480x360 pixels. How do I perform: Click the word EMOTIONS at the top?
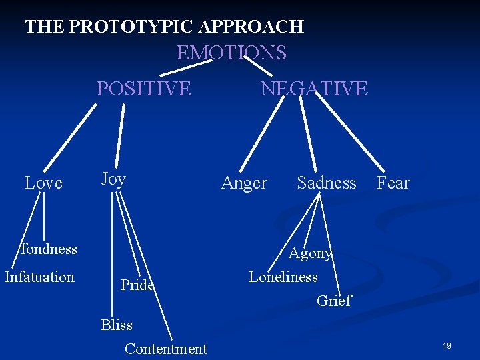click(x=231, y=53)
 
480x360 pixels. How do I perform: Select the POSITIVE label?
click(x=143, y=88)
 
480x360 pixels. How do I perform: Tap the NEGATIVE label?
click(x=313, y=88)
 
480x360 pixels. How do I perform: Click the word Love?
click(x=43, y=183)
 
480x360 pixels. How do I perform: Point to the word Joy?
click(x=113, y=179)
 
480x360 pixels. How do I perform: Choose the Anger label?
click(x=243, y=183)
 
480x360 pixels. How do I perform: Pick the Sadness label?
click(x=327, y=183)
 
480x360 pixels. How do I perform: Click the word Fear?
click(x=393, y=183)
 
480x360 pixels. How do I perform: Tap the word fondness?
click(x=49, y=249)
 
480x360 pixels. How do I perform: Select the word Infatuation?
click(x=39, y=277)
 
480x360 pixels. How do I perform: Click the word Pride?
click(x=137, y=285)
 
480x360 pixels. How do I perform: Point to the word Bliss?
click(x=117, y=325)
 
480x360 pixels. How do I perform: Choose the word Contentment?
click(x=166, y=349)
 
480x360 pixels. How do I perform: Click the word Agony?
click(x=310, y=253)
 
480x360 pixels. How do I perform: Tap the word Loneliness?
click(x=283, y=277)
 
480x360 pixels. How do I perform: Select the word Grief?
click(x=333, y=301)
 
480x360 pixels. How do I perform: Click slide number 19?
click(x=447, y=346)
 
